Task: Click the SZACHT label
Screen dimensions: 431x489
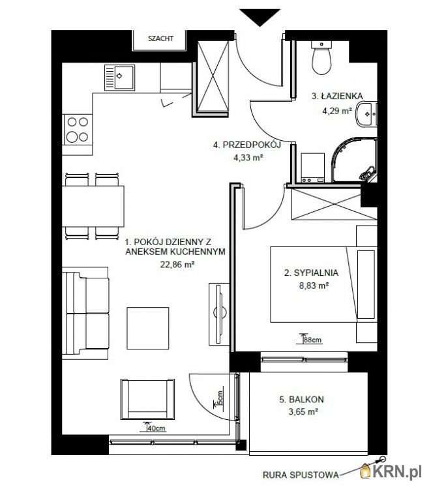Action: click(x=160, y=38)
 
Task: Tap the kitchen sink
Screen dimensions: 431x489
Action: click(x=119, y=78)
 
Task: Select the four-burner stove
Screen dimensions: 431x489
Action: click(x=78, y=130)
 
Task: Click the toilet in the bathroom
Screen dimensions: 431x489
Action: click(x=321, y=57)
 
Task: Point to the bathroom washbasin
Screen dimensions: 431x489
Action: click(x=366, y=114)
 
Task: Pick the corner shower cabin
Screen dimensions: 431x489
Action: click(x=354, y=160)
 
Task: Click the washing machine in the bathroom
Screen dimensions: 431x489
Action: click(x=313, y=168)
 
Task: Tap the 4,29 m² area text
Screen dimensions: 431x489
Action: click(x=337, y=111)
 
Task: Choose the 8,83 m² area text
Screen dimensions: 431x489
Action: click(x=314, y=286)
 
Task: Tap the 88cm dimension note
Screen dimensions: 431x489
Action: click(x=312, y=340)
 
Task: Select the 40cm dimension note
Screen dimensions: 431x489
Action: click(x=156, y=428)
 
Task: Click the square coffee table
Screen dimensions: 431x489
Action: click(x=148, y=328)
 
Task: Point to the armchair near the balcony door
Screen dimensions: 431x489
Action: click(x=147, y=400)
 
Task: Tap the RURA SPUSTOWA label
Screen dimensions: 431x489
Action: click(x=301, y=475)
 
